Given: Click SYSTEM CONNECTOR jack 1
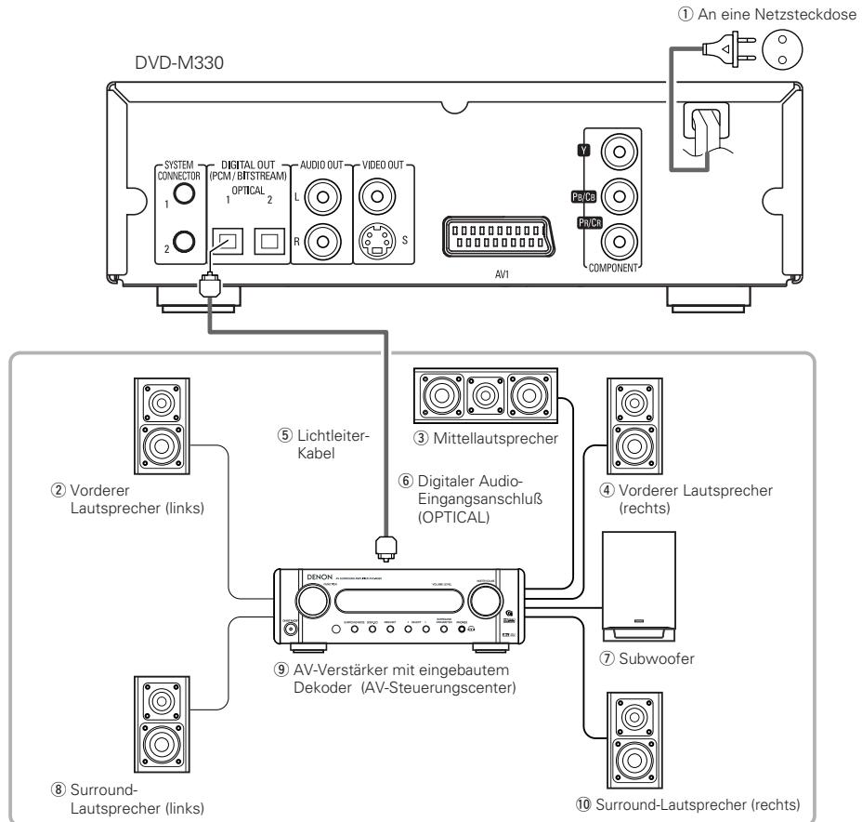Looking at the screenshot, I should (184, 192).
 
